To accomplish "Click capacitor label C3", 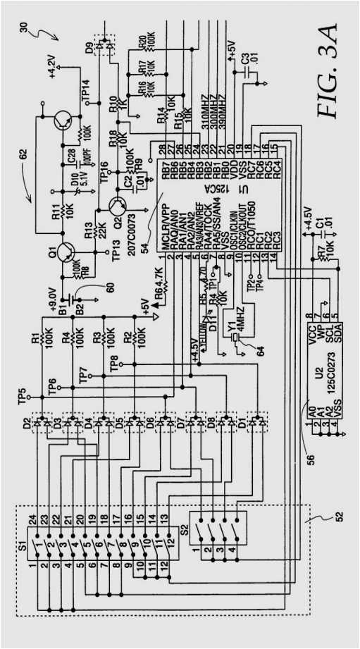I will point(244,62).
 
